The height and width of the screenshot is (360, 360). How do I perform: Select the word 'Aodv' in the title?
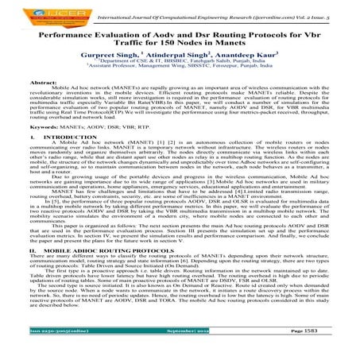pyautogui.click(x=191, y=36)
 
